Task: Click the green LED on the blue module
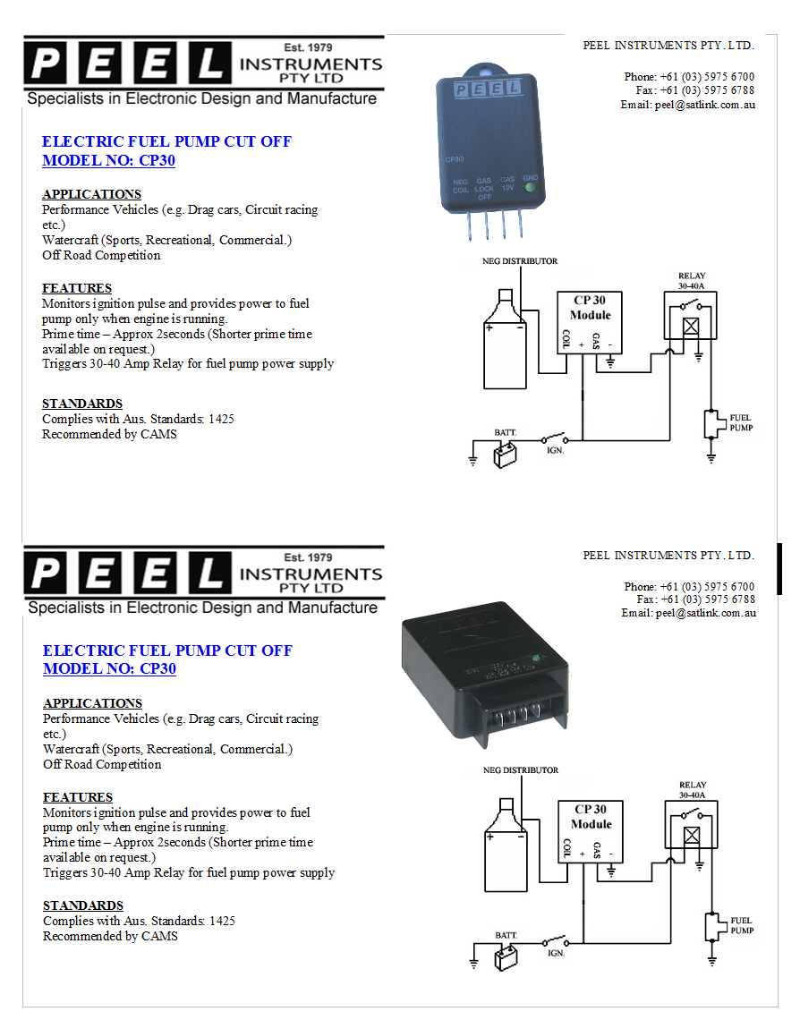[531, 188]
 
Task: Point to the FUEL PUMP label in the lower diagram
[741, 925]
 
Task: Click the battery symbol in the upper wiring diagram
[506, 455]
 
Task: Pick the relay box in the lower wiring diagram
[691, 824]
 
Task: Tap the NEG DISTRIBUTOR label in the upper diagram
[521, 261]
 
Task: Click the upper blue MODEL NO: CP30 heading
[108, 161]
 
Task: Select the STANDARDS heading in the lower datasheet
[83, 905]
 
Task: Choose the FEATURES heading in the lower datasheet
[78, 797]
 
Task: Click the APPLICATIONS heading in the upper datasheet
[91, 194]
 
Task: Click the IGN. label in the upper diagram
[556, 451]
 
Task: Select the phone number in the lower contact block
[707, 587]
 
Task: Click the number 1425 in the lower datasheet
[222, 921]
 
